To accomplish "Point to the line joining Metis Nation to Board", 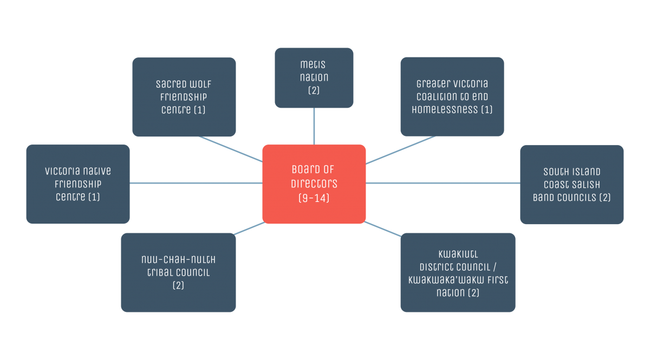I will click(314, 126).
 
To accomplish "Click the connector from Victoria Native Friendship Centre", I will click(195, 183).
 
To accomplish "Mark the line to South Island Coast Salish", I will click(443, 183).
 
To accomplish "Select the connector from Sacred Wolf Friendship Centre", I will click(230, 149).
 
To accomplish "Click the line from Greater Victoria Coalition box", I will click(401, 149).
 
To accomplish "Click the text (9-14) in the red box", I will click(314, 198).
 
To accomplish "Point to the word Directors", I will click(314, 184).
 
